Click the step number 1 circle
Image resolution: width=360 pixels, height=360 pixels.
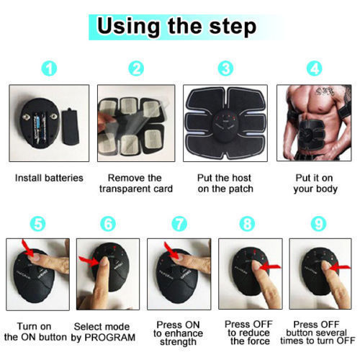49,68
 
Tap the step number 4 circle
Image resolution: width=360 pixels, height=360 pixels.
315,68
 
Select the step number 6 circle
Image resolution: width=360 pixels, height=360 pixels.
108,224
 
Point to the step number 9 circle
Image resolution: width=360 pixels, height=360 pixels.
318,224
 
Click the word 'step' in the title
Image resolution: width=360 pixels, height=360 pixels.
233,27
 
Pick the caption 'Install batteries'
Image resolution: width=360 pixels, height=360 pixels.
49,178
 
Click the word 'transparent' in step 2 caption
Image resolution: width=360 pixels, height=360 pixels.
125,189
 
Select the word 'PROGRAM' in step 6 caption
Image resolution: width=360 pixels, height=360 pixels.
110,337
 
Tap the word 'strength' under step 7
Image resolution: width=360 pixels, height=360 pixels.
178,342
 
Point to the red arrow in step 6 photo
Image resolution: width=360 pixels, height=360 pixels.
89,261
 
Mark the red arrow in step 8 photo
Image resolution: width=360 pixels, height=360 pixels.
270,266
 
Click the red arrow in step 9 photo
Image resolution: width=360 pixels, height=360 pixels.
341,267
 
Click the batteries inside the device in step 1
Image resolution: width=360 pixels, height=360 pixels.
40,127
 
